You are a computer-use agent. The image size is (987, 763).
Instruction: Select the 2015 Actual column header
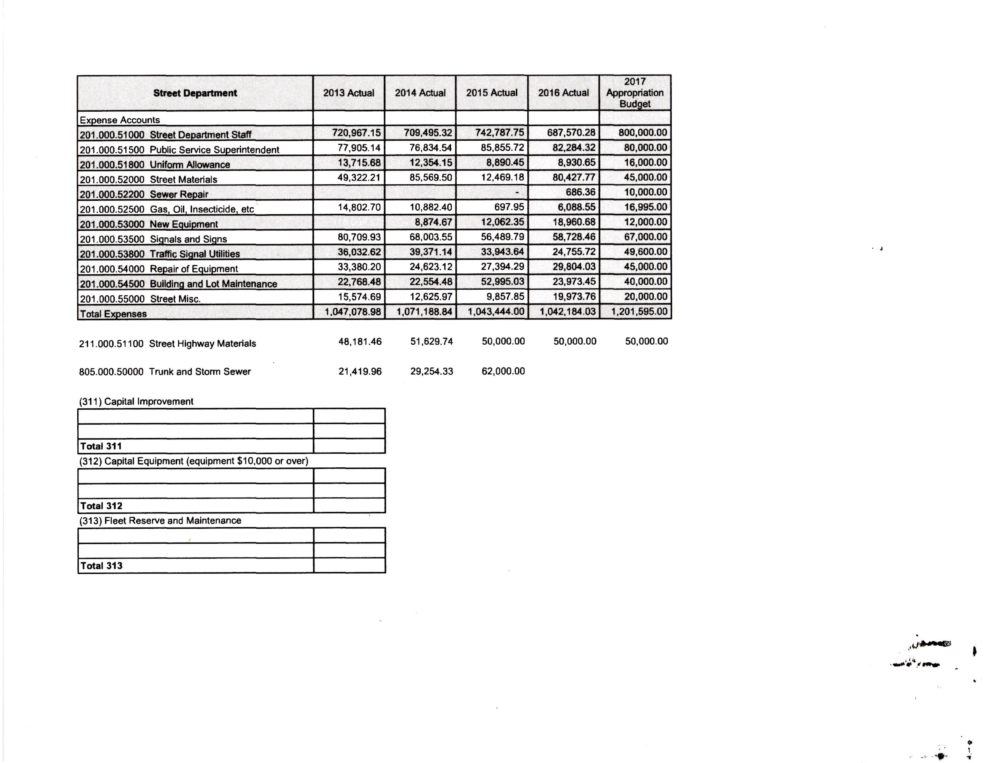tap(492, 93)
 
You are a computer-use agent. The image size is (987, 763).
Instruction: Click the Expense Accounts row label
tap(120, 120)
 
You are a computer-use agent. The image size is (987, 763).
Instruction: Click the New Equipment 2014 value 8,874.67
tap(433, 222)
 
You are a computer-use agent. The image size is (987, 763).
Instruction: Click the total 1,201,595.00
tap(639, 311)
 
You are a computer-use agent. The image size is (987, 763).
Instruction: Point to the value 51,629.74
tap(431, 341)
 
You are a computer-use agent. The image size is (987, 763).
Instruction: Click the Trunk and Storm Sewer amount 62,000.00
tap(503, 371)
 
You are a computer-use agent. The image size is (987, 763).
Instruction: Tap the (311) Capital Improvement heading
tap(136, 401)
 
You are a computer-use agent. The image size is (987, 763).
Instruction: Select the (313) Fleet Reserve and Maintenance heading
tap(160, 521)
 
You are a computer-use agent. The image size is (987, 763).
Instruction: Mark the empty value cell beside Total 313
tap(349, 565)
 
